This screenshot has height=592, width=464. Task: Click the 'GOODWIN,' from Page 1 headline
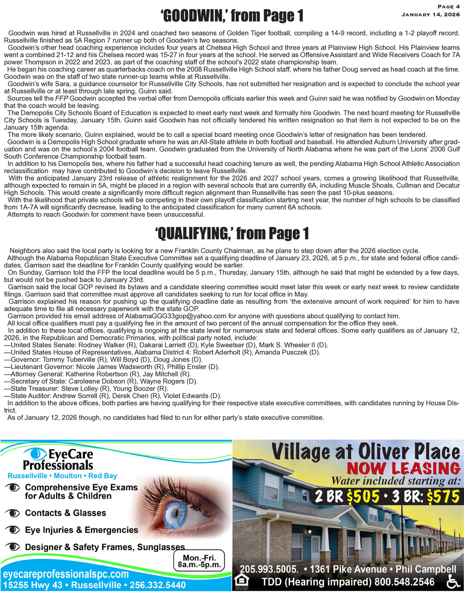232,16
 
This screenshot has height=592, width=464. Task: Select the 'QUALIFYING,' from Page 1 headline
232,233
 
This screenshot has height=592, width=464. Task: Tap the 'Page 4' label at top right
449,7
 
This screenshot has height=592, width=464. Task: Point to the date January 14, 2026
430,14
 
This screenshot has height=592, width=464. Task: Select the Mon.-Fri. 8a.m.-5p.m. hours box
199,561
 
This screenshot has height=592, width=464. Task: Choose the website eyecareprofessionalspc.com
66,574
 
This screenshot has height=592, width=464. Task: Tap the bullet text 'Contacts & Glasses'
65,513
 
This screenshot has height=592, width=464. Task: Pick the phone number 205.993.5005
269,569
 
